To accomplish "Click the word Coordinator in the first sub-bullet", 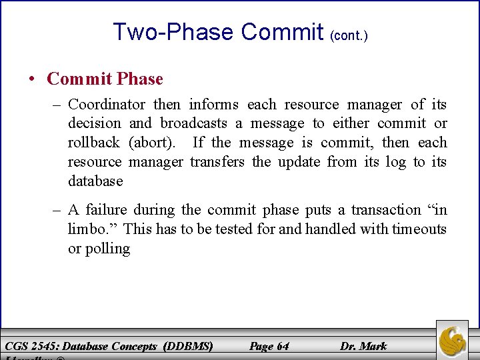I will [x=107, y=105].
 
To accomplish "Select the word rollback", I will [x=93, y=143].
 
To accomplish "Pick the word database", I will [x=95, y=181].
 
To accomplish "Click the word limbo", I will [x=91, y=229].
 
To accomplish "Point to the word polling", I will [x=107, y=249].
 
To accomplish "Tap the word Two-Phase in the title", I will [x=173, y=32].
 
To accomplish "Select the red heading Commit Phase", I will [x=105, y=79].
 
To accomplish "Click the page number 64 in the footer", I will [x=283, y=346].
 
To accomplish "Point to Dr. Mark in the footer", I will [x=363, y=346].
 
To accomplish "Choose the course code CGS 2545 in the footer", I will [x=30, y=346].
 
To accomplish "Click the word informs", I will [x=213, y=105].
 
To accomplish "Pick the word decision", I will [x=95, y=123].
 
